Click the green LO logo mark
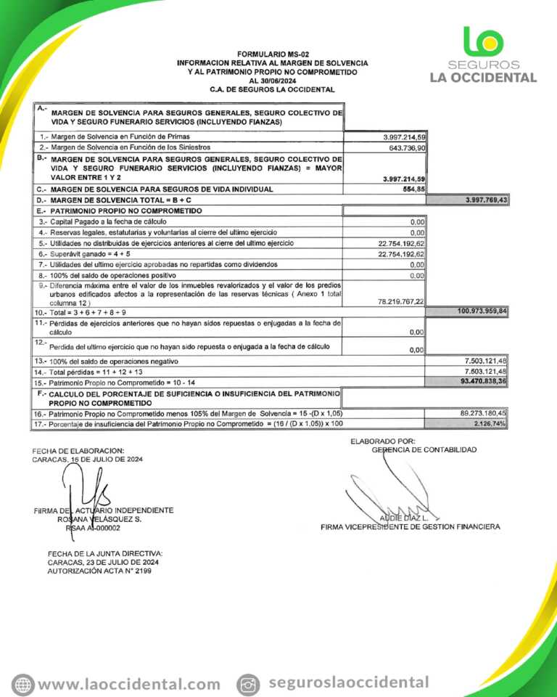[482, 41]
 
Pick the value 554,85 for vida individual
[413, 189]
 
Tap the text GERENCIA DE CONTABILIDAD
[424, 449]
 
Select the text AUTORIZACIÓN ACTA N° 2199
[100, 571]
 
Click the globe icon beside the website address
[23, 684]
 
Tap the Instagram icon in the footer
[249, 684]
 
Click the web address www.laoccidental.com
[129, 684]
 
